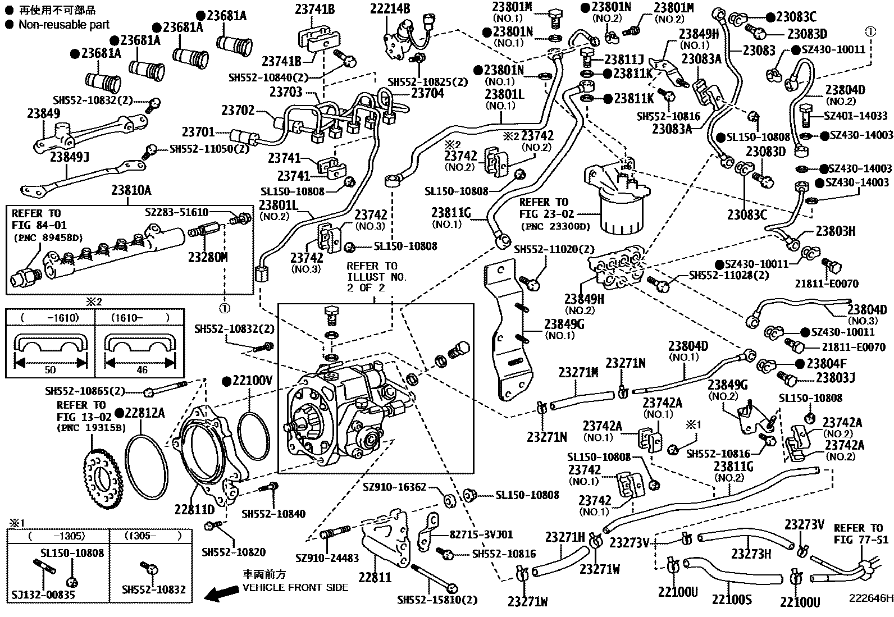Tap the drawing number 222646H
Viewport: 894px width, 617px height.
870,598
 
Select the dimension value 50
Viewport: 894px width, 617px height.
50,370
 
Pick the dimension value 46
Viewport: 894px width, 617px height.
142,370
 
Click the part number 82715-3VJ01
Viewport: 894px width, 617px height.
481,534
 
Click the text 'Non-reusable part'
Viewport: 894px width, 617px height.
64,25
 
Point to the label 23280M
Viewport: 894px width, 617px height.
208,258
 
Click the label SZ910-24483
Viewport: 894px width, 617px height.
327,558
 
